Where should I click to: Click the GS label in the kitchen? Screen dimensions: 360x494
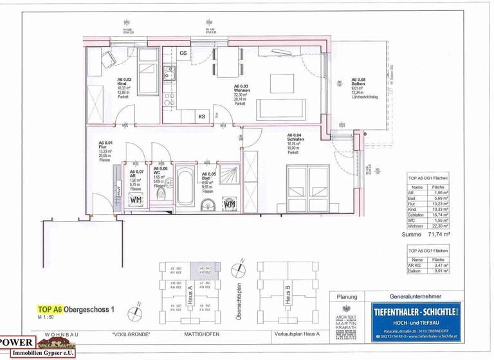(x=183, y=53)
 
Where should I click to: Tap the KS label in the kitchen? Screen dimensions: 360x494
(x=201, y=116)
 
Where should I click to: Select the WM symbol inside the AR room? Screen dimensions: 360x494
(x=136, y=200)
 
